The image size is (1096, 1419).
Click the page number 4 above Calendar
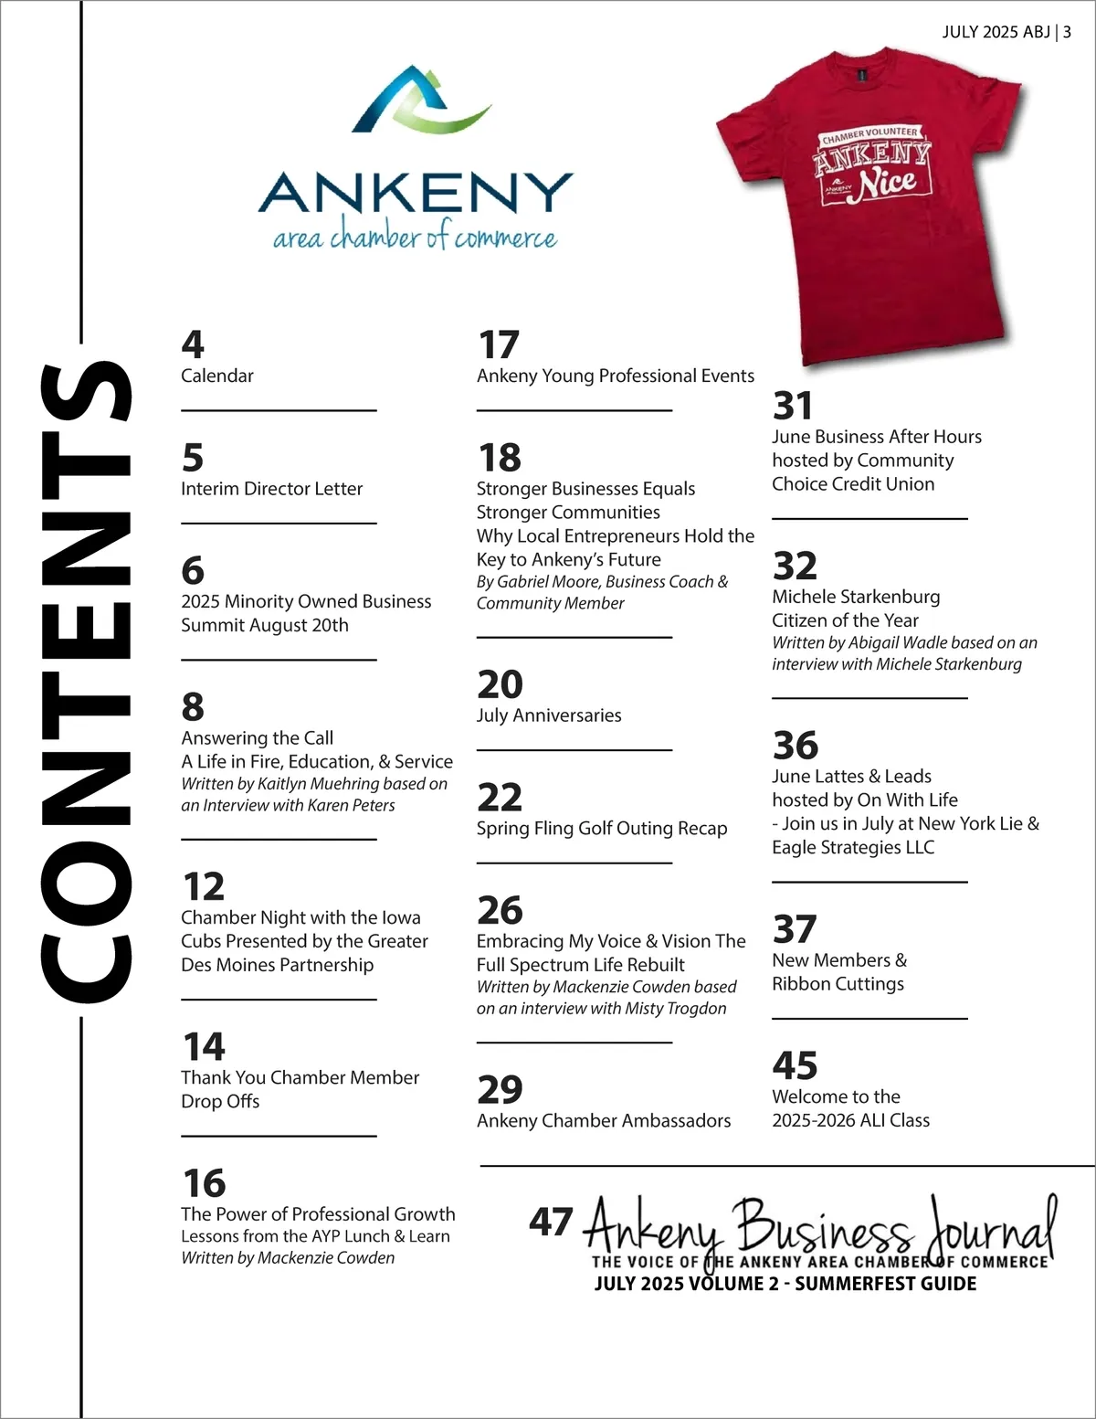click(x=192, y=344)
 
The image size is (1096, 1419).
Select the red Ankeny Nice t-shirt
click(x=868, y=210)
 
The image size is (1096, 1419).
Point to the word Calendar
click(x=217, y=376)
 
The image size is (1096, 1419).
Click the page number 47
click(x=551, y=1222)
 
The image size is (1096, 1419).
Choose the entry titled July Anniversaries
click(x=549, y=715)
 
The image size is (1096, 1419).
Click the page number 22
click(x=500, y=798)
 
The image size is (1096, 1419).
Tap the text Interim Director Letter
click(x=271, y=489)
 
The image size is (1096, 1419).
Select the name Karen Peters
click(x=352, y=805)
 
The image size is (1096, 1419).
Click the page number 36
click(x=796, y=746)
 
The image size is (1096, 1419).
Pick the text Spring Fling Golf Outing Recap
click(x=602, y=829)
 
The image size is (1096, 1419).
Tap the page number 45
click(x=795, y=1065)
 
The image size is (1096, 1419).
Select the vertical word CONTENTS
click(x=87, y=681)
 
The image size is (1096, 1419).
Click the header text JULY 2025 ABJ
click(x=996, y=32)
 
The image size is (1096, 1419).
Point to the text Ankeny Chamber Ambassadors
click(x=604, y=1121)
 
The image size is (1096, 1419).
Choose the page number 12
click(x=203, y=886)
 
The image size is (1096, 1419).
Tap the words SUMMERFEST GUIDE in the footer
click(x=885, y=1284)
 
